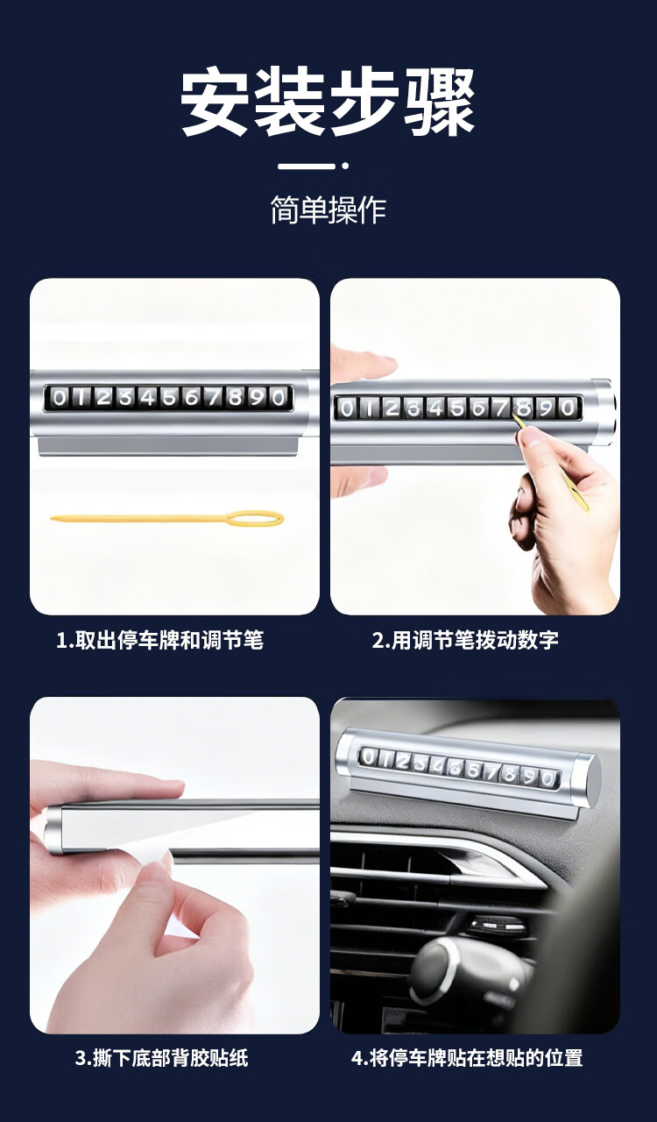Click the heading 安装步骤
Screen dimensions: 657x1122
328,103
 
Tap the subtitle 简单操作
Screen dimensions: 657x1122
328,209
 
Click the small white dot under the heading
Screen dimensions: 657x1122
345,166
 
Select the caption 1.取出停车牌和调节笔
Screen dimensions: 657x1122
159,640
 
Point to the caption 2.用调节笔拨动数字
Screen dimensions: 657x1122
465,640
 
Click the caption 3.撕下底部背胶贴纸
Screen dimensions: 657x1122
162,1058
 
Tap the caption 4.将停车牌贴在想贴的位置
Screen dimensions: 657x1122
467,1058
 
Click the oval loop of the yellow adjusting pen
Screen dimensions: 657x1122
254,519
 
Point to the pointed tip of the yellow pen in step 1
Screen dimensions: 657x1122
52,518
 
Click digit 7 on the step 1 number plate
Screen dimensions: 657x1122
214,398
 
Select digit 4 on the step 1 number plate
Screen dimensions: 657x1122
148,398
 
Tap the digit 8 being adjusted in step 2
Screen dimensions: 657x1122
524,408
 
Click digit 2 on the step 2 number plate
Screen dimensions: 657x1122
392,408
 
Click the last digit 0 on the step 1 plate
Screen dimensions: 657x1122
279,398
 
